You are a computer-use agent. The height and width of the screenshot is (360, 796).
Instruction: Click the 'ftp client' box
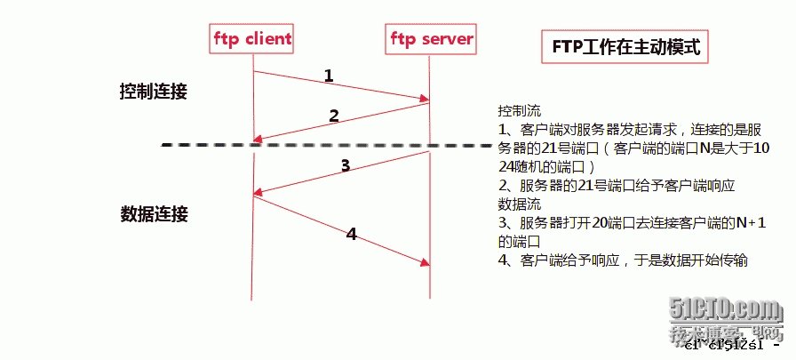252,38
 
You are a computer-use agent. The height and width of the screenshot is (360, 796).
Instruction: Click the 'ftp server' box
431,38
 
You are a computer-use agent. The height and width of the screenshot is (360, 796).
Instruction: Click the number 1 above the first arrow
328,76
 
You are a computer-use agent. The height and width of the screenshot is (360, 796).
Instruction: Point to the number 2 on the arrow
334,116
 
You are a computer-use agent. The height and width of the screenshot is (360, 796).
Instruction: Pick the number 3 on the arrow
346,164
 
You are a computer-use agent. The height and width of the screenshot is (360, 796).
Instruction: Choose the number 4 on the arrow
351,235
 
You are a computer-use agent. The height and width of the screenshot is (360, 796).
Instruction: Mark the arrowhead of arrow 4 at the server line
426,262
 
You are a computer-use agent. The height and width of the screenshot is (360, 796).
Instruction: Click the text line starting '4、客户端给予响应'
624,260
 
